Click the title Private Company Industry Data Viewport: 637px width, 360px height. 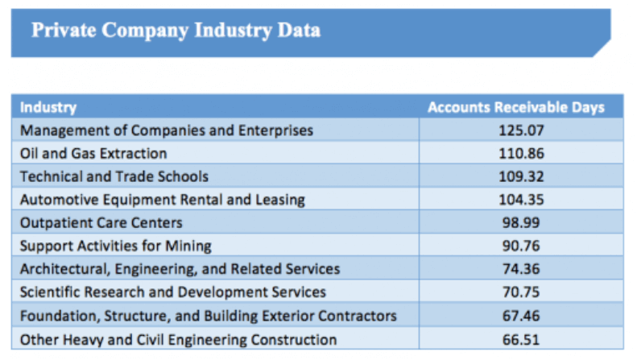coord(176,31)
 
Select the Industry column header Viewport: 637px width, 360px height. coord(48,107)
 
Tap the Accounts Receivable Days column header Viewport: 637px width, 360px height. coord(515,107)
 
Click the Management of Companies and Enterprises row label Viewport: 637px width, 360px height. coord(167,130)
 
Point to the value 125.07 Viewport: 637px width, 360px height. coord(519,130)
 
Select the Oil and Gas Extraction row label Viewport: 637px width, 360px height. coord(93,153)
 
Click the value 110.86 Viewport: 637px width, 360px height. coord(519,153)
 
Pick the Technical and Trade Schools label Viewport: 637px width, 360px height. coord(114,176)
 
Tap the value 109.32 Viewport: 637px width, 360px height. coord(519,176)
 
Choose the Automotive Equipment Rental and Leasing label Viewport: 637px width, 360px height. coord(163,199)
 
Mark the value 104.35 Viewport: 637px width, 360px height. coord(519,199)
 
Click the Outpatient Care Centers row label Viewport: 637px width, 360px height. coord(101,222)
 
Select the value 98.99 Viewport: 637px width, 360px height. coord(519,222)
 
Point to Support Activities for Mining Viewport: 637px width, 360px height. coord(116,246)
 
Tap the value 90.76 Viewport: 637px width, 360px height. coord(519,246)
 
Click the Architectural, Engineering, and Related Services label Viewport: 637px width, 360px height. coord(180,269)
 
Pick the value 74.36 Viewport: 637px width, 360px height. coord(519,269)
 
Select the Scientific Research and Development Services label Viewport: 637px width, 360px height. coord(173,292)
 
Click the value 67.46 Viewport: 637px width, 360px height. coord(519,316)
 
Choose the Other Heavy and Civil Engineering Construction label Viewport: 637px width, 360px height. coord(178,339)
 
